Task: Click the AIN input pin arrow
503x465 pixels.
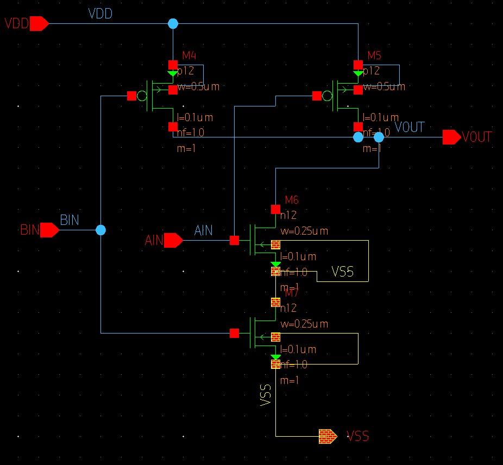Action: tap(173, 240)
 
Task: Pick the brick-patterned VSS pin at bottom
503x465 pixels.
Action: tap(328, 436)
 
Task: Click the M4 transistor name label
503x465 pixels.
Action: tap(188, 55)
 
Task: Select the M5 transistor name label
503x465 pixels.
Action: tap(374, 55)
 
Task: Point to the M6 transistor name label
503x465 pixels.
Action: tap(292, 200)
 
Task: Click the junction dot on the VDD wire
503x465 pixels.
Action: tap(173, 24)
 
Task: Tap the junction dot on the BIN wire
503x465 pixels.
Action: tap(100, 230)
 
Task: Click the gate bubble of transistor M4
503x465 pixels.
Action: tap(142, 96)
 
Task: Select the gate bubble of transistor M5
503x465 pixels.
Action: tap(327, 96)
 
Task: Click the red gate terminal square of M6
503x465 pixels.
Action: tap(234, 240)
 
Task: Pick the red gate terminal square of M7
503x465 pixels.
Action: tap(234, 333)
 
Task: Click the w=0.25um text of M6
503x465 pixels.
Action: tap(304, 231)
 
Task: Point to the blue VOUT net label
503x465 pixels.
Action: tap(410, 128)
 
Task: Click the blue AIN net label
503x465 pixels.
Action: tap(204, 231)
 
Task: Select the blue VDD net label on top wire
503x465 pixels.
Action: tap(100, 14)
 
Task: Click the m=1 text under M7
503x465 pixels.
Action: tap(290, 381)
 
